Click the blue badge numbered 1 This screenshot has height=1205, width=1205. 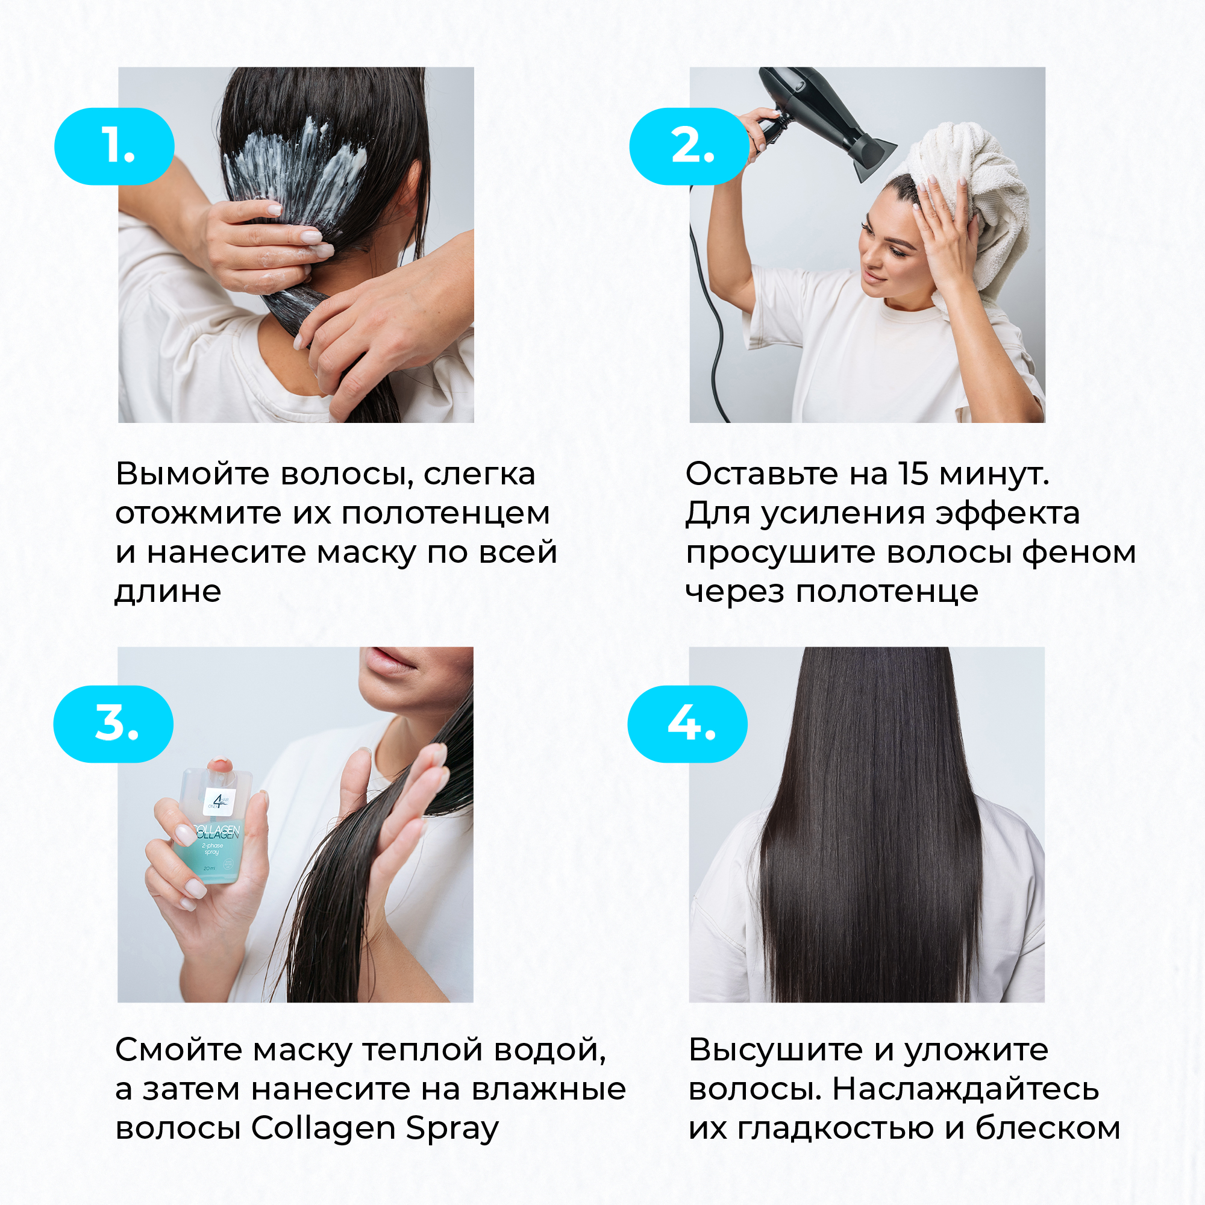(114, 146)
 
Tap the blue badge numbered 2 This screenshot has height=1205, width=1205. (689, 146)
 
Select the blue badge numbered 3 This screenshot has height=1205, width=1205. (113, 724)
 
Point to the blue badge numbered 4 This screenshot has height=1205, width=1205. (687, 724)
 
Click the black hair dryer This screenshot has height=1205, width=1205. (823, 119)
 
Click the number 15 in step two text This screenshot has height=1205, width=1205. (913, 474)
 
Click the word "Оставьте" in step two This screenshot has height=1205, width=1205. (762, 475)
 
